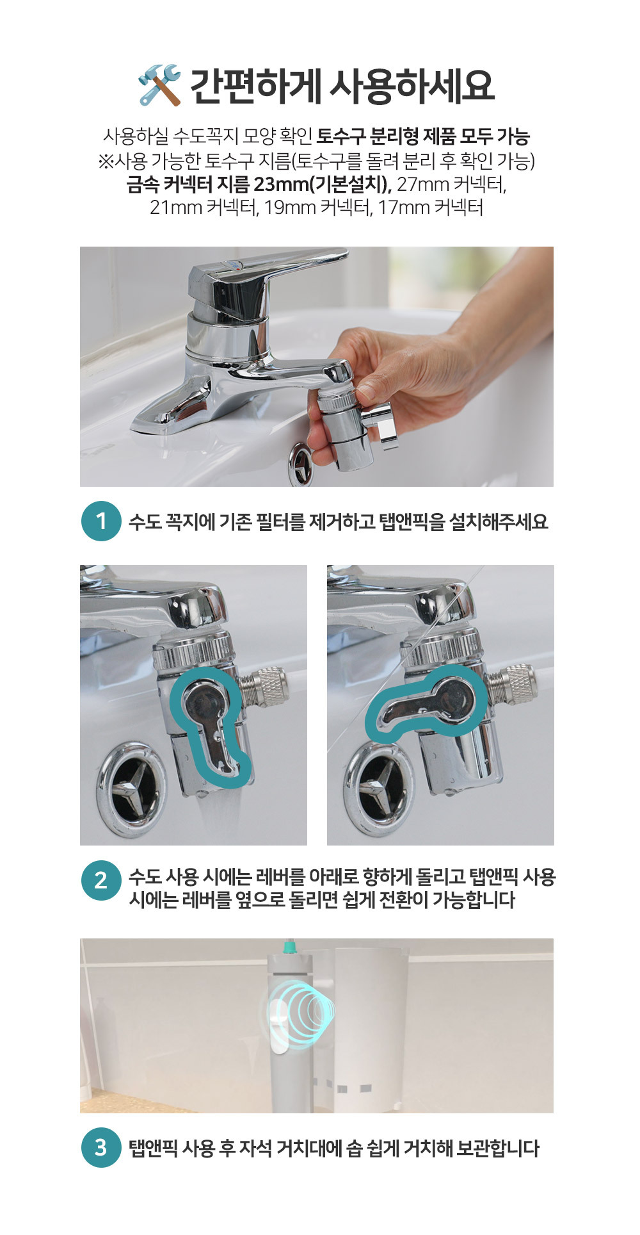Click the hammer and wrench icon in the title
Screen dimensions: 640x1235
point(159,85)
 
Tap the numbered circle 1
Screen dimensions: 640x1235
point(101,521)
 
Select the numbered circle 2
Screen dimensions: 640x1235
point(101,880)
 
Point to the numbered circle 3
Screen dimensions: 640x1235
point(101,1147)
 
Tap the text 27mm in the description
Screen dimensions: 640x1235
point(422,184)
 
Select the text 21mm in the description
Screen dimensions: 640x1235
point(176,208)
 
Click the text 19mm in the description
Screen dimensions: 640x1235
point(290,208)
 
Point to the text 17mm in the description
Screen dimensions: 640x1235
point(403,208)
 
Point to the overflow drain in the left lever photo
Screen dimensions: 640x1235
point(131,790)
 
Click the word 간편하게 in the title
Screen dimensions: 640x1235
point(255,86)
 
